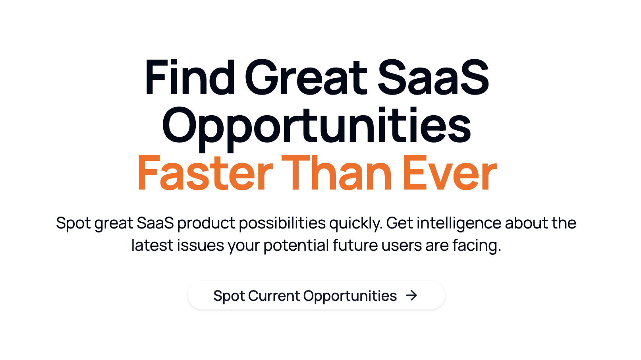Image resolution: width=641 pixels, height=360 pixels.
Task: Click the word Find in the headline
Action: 190,78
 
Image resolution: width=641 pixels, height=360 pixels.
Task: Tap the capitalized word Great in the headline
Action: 306,78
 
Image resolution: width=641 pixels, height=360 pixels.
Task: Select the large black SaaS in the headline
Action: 432,78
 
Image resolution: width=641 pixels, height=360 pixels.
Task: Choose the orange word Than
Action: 337,174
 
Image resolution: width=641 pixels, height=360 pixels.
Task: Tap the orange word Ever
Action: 449,174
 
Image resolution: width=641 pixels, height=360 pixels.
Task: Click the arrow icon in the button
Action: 412,295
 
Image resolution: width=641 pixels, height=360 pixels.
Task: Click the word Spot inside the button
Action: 229,296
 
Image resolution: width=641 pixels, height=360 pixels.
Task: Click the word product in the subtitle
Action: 206,224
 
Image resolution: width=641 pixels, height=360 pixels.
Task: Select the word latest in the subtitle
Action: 152,246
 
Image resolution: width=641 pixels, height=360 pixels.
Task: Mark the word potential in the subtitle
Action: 296,246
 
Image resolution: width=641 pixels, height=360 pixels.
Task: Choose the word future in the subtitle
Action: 355,246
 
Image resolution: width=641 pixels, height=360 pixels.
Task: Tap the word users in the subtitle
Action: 402,246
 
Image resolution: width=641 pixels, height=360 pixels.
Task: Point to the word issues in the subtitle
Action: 200,246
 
